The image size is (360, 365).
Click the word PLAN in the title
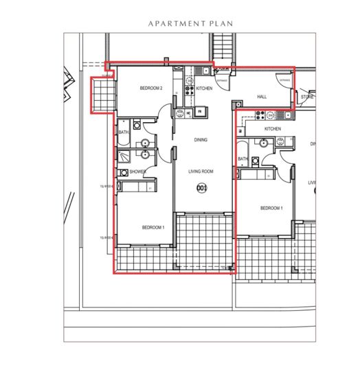(x=220, y=23)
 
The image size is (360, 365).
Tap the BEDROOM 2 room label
(x=151, y=89)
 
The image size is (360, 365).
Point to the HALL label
(x=262, y=97)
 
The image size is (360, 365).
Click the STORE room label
(x=307, y=97)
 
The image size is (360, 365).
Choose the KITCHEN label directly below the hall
(x=273, y=129)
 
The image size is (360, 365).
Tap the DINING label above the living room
(x=201, y=140)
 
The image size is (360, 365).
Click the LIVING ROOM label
(x=201, y=172)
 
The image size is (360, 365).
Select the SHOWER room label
(x=137, y=172)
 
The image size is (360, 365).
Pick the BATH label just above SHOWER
(x=124, y=132)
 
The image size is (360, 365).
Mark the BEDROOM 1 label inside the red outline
(x=153, y=227)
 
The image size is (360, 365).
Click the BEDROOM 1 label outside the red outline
(x=271, y=208)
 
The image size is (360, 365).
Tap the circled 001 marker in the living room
(x=201, y=187)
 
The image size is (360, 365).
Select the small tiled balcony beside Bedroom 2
(x=101, y=94)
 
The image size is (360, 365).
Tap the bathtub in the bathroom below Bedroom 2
(x=124, y=141)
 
